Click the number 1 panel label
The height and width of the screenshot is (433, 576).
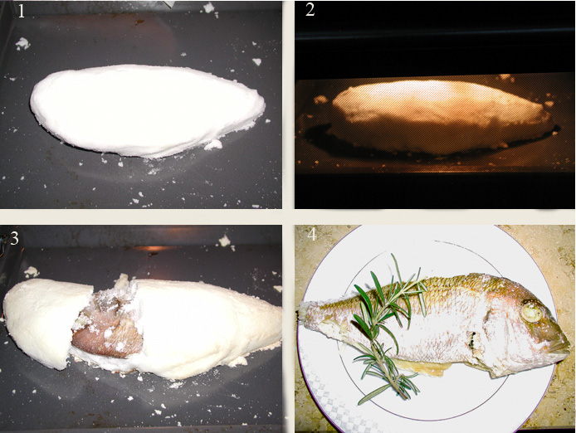(21, 12)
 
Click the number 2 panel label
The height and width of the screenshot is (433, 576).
(310, 10)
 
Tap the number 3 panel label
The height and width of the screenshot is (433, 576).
(14, 238)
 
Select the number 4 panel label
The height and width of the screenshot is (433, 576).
(312, 234)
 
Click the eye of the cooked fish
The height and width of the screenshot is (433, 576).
(531, 312)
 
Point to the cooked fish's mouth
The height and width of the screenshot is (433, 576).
(563, 347)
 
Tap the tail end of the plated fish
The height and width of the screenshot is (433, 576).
(305, 311)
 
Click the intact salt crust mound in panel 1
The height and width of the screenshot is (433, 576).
(147, 110)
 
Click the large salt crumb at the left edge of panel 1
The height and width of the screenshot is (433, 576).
(22, 44)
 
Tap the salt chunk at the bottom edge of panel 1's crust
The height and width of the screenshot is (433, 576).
(213, 144)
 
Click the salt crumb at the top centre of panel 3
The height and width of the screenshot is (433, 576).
(224, 241)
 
